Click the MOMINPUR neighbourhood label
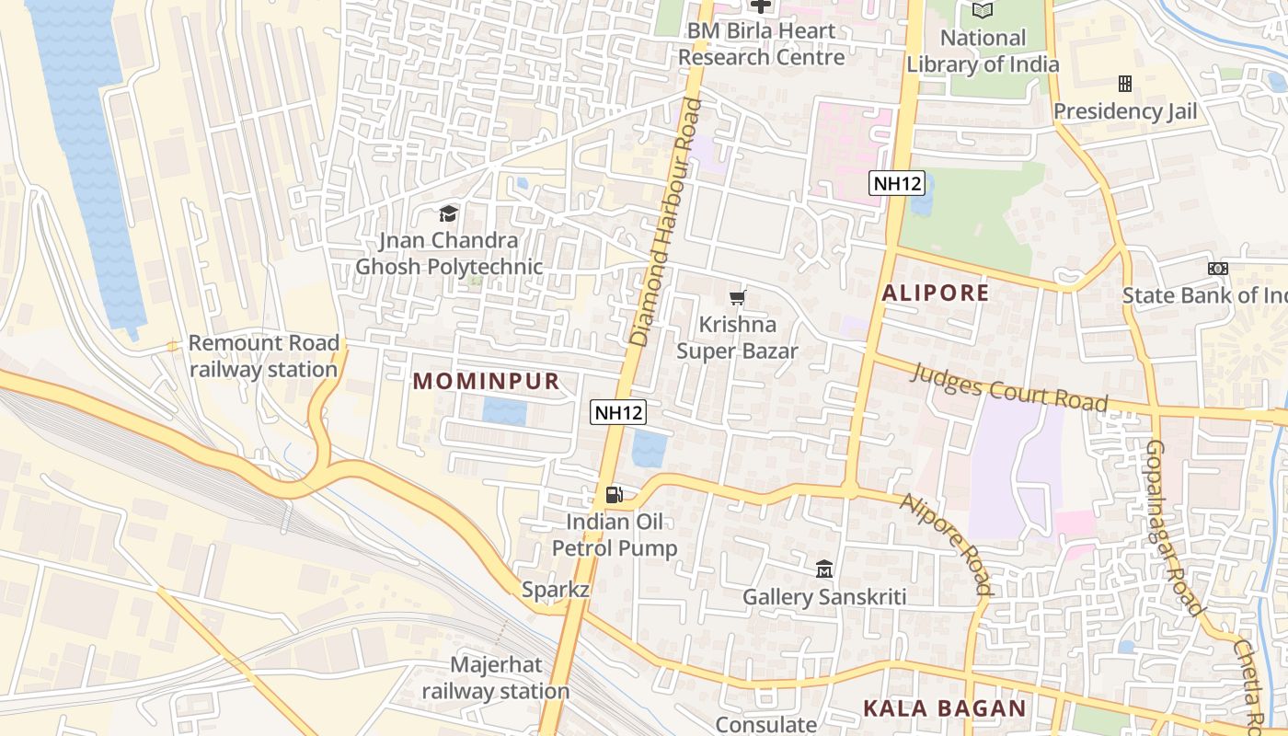tap(486, 381)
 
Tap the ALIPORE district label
tap(936, 293)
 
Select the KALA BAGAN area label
tap(944, 708)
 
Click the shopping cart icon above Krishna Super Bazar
tap(737, 297)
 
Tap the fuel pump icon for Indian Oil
tap(614, 495)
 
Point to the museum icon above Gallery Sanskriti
tap(824, 569)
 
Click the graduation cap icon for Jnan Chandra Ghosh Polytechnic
tap(448, 214)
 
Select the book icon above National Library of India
tap(983, 11)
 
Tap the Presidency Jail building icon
tap(1124, 85)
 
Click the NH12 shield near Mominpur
tap(617, 413)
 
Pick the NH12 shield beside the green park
tap(897, 183)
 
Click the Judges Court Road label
tap(1009, 387)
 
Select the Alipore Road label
tap(947, 544)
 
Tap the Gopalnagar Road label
tap(1175, 527)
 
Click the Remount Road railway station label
tap(263, 356)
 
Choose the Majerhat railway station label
tap(496, 678)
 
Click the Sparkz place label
tap(555, 590)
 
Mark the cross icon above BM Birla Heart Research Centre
tap(761, 6)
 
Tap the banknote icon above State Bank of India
tap(1217, 269)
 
